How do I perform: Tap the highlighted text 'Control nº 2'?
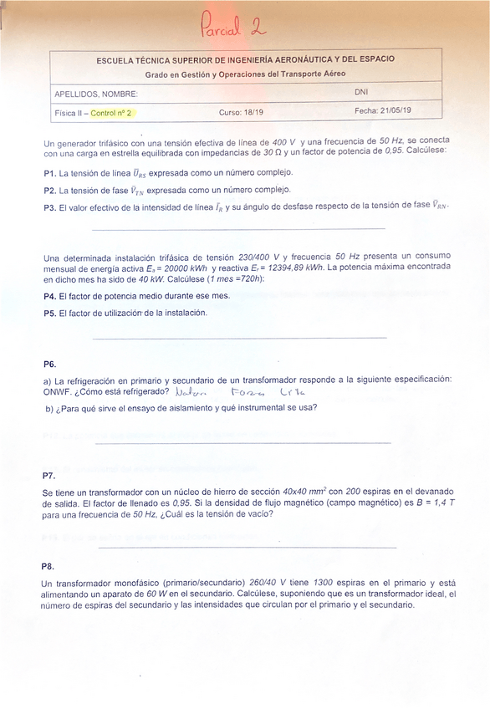tap(110, 112)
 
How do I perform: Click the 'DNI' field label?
tap(360, 92)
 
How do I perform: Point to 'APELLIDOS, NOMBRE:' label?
tap(95, 94)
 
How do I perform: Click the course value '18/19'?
tap(253, 111)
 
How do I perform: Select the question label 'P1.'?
tap(49, 173)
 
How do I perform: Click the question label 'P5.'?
tap(49, 313)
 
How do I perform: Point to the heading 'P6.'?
tap(50, 365)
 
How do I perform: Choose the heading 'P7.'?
tap(48, 475)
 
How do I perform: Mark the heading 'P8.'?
tap(48, 566)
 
